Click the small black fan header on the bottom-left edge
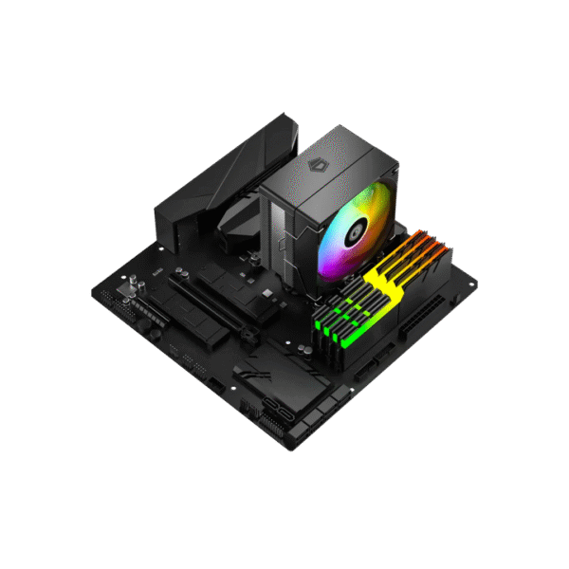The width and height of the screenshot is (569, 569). (216, 388)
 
